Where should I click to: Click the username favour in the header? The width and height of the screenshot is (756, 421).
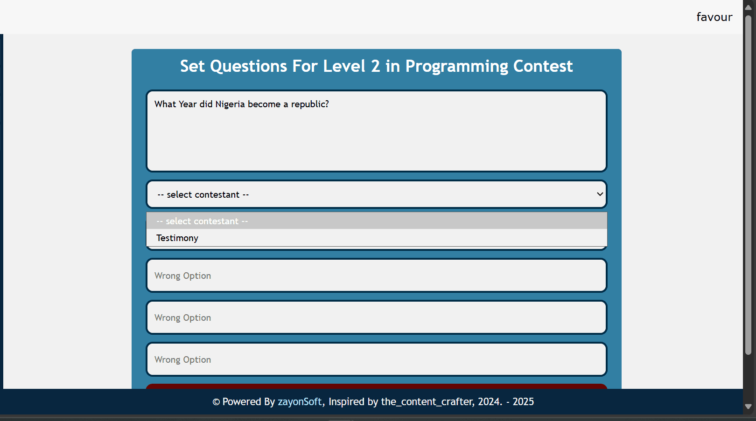pos(714,17)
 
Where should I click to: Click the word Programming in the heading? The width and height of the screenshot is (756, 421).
pos(457,66)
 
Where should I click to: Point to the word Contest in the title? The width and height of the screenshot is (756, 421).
pos(543,66)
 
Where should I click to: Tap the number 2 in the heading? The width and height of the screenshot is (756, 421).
pos(375,66)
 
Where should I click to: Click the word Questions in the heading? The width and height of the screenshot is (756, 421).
pos(248,66)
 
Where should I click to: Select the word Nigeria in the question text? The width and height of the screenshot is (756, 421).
pos(230,104)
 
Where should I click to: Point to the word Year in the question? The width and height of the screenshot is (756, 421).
pos(187,104)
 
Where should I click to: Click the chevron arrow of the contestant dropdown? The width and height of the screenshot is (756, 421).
pos(600,194)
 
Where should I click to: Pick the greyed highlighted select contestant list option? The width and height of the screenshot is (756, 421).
pos(376,221)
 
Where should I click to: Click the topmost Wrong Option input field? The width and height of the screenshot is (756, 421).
pos(376,276)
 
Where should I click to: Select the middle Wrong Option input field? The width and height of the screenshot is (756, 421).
pos(376,317)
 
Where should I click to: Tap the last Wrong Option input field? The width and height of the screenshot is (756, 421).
pos(376,359)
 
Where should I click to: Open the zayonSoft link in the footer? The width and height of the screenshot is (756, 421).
pos(299,402)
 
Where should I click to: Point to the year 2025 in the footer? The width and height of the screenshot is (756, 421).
pos(523,402)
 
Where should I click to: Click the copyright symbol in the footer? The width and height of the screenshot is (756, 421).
pos(217,402)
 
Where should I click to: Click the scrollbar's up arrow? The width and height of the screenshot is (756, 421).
pos(748,7)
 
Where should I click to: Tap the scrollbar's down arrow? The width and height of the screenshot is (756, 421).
pos(748,407)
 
